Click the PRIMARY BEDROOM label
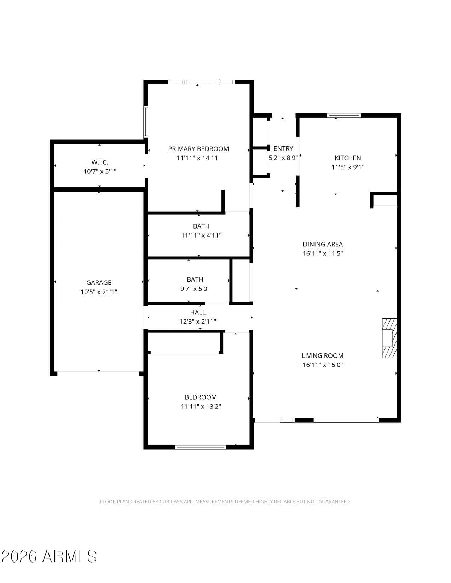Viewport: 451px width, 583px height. (x=198, y=149)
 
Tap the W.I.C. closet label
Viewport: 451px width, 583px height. (x=100, y=162)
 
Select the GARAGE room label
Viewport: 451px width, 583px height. (x=99, y=283)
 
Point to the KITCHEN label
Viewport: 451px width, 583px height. (x=348, y=158)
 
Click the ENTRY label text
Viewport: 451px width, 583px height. (x=283, y=148)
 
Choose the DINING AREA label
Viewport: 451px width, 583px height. (x=323, y=244)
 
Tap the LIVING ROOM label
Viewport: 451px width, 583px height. (x=323, y=355)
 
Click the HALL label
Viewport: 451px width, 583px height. (x=198, y=312)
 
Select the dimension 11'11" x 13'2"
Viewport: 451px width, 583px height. (x=201, y=406)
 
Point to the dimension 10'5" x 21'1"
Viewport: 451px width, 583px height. (x=99, y=292)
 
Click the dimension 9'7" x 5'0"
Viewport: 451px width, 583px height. (x=195, y=289)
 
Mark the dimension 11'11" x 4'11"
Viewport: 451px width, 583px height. (x=201, y=236)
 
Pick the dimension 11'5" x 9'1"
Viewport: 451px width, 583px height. (x=348, y=167)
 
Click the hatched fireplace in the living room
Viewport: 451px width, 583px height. (x=389, y=338)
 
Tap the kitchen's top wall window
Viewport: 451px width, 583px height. (x=344, y=116)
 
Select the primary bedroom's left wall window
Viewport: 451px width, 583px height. (x=146, y=122)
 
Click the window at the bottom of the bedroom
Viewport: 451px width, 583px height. (x=200, y=447)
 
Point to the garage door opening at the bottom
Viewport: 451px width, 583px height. (x=98, y=374)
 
